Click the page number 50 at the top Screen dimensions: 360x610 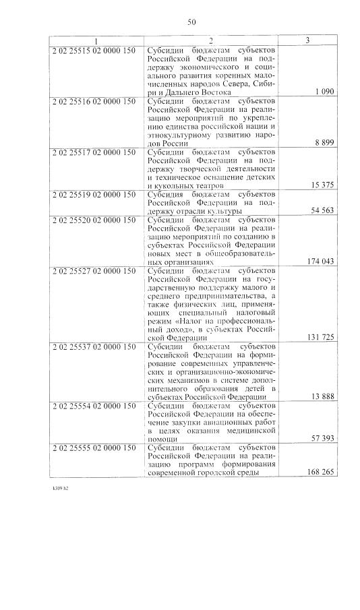click(x=191, y=23)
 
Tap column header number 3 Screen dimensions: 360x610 click(x=307, y=40)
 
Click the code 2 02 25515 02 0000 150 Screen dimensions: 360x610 click(x=94, y=51)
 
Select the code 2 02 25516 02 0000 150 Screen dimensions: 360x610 click(x=94, y=101)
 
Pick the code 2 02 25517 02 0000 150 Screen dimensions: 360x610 click(x=94, y=152)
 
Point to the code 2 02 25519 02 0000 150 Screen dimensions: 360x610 click(x=94, y=193)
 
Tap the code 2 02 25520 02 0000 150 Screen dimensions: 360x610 click(x=94, y=220)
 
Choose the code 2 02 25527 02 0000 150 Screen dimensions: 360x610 click(x=94, y=271)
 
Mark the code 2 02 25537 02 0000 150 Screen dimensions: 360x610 click(x=94, y=347)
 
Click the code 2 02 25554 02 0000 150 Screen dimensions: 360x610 click(x=94, y=406)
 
